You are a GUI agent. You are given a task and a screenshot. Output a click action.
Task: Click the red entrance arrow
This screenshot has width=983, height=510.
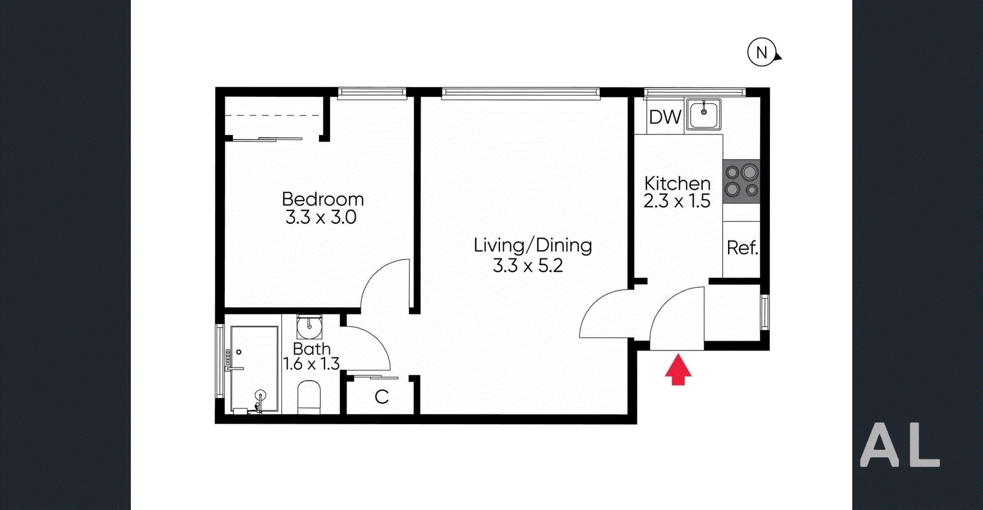(x=678, y=369)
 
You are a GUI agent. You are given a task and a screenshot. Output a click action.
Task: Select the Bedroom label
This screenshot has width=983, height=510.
(x=323, y=199)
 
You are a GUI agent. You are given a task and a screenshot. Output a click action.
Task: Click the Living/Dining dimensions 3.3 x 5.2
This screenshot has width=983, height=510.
(x=528, y=265)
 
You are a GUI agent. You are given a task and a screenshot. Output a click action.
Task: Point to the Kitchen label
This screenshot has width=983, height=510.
(x=677, y=184)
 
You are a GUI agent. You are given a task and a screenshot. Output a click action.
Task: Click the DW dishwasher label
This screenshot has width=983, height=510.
(x=665, y=117)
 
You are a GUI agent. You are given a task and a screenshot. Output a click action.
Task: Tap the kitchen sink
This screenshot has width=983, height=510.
(x=703, y=114)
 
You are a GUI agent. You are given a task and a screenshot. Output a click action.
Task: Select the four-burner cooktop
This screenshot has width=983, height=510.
(x=741, y=181)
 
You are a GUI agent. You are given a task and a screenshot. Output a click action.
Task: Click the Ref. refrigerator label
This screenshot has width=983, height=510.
(x=742, y=248)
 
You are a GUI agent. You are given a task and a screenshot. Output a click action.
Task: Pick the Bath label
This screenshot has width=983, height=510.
(x=311, y=349)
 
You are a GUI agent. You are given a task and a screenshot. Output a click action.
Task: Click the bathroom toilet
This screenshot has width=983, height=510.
(x=310, y=397)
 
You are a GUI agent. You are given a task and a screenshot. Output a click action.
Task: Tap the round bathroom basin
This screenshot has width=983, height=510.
(x=310, y=326)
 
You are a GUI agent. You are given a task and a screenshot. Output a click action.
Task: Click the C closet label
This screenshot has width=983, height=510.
(x=382, y=397)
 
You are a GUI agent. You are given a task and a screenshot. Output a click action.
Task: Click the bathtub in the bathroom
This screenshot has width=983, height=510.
(x=254, y=369)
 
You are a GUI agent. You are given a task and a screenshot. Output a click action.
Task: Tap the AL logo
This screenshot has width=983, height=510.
(x=899, y=445)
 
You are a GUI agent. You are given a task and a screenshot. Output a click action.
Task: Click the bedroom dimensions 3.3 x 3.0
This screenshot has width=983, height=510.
(x=321, y=217)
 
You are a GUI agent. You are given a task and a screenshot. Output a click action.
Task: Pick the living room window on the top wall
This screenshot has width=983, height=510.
(x=520, y=93)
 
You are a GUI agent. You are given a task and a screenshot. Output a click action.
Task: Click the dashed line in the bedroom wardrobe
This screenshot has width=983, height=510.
(x=273, y=116)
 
